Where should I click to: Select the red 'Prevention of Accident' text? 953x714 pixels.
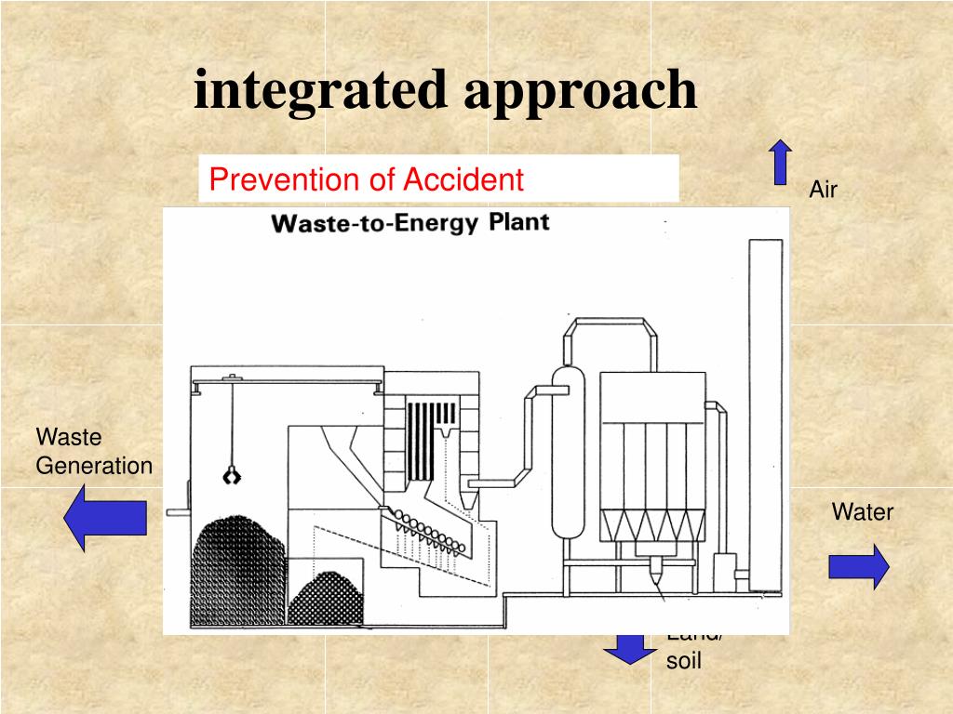pyautogui.click(x=367, y=178)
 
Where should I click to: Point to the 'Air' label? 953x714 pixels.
pyautogui.click(x=823, y=191)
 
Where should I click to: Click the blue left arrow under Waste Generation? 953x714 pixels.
pyautogui.click(x=105, y=518)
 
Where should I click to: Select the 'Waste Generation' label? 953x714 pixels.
pyautogui.click(x=93, y=451)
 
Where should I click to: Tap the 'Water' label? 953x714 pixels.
pyautogui.click(x=862, y=511)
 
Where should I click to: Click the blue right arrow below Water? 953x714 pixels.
pyautogui.click(x=858, y=566)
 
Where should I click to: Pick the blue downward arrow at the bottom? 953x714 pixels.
pyautogui.click(x=630, y=648)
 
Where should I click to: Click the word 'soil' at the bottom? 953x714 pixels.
pyautogui.click(x=683, y=661)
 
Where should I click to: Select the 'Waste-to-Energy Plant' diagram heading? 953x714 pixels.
pyautogui.click(x=409, y=223)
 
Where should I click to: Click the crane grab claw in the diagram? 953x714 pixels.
pyautogui.click(x=230, y=477)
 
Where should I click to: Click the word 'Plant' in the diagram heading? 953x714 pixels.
pyautogui.click(x=518, y=222)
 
